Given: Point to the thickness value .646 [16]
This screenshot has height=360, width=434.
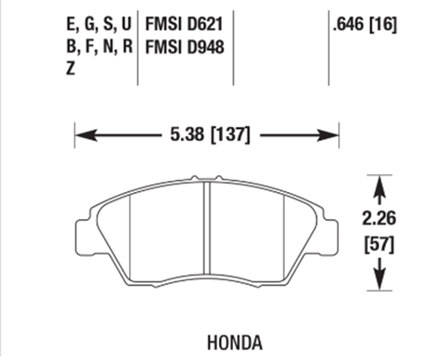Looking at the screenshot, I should click(364, 25).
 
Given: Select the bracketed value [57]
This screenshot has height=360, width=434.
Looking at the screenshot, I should click(378, 244).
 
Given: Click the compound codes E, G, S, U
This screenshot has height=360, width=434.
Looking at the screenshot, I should click(98, 25).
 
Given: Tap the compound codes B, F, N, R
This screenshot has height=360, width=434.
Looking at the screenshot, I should click(98, 46).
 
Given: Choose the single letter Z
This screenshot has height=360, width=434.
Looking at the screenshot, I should click(70, 68).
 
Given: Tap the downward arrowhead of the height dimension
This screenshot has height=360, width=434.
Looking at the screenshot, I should click(379, 281).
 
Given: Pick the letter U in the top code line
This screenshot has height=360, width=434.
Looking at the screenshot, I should click(125, 25).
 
